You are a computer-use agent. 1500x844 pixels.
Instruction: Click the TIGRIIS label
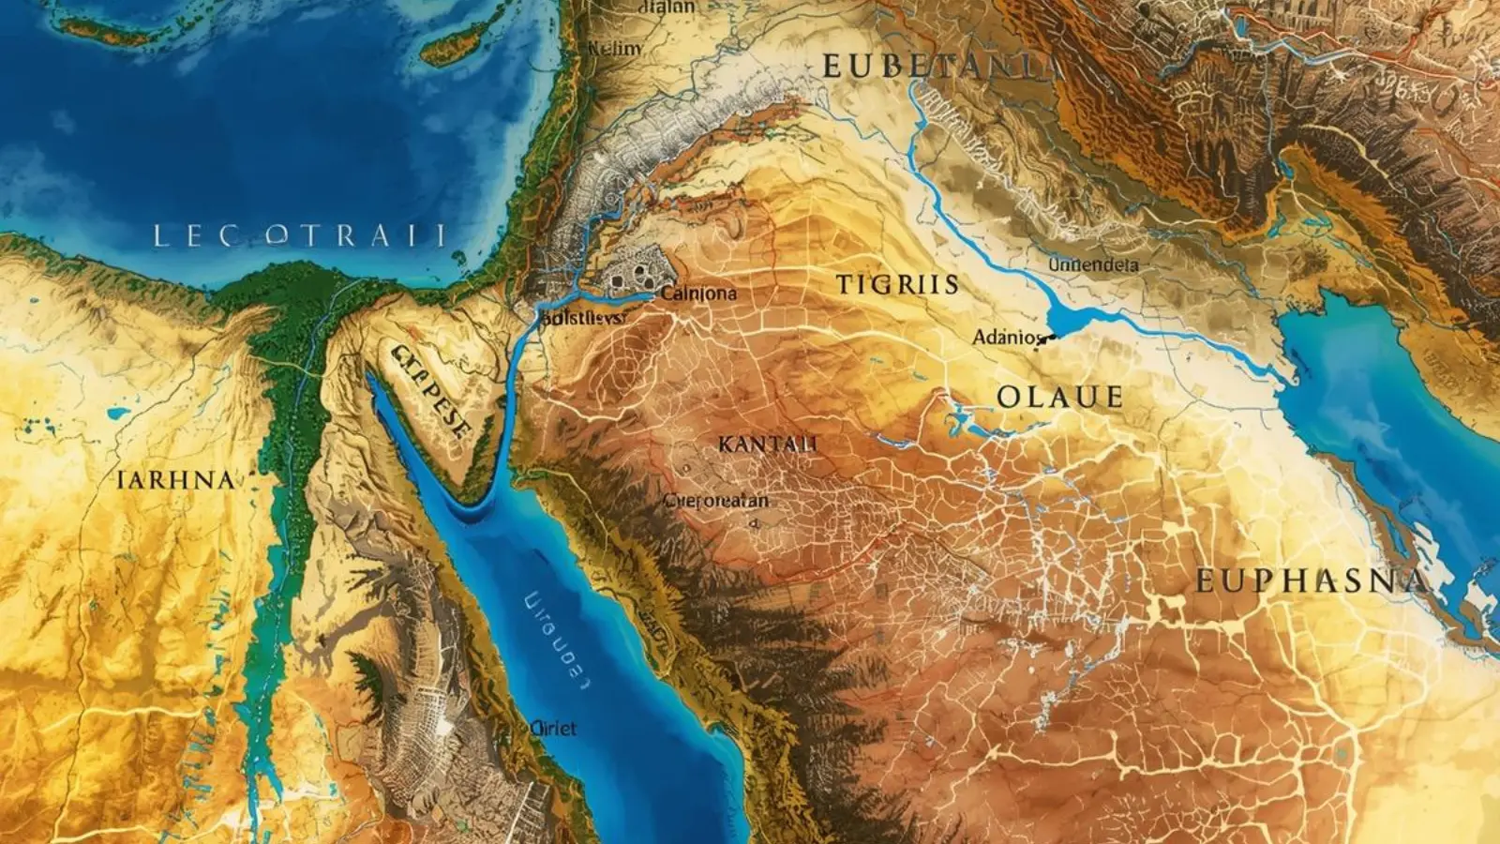tap(897, 285)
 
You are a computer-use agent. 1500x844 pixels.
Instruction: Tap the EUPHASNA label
tap(1312, 581)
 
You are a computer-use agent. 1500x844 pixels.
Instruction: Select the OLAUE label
tap(1059, 398)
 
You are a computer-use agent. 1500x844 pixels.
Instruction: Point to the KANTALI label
tap(768, 445)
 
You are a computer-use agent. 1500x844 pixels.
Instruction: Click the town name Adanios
tap(1007, 337)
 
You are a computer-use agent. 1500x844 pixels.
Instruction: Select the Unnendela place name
tap(1092, 265)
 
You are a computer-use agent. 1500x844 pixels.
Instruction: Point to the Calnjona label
tap(698, 294)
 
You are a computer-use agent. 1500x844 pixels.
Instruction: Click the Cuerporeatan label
tap(716, 501)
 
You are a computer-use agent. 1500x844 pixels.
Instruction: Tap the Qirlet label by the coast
tap(553, 729)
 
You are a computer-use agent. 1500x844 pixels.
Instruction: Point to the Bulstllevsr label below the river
tap(584, 319)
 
